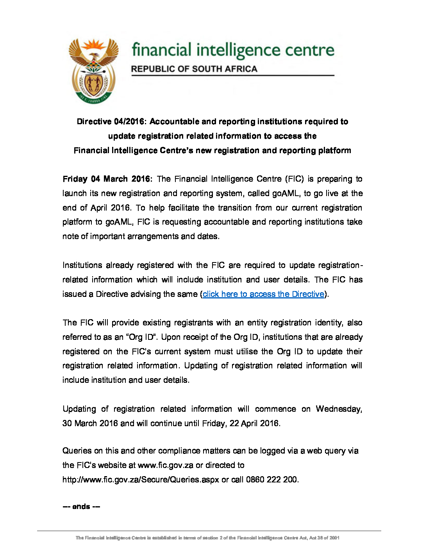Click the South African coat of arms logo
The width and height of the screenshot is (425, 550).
pos(94,71)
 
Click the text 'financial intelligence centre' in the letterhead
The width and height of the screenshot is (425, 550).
pos(233,50)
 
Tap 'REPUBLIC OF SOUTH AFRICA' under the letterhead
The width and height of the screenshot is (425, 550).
pos(194,69)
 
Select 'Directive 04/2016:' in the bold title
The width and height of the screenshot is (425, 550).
pos(111,121)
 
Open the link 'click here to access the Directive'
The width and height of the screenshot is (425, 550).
pos(264,294)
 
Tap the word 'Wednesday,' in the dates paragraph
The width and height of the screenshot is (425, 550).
pos(339,409)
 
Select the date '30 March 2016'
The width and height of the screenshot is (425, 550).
pos(90,423)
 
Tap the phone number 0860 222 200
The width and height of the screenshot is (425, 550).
pos(272,480)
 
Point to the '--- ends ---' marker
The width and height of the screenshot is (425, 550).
pos(81,507)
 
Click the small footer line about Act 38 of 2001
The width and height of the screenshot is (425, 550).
pos(207,538)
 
